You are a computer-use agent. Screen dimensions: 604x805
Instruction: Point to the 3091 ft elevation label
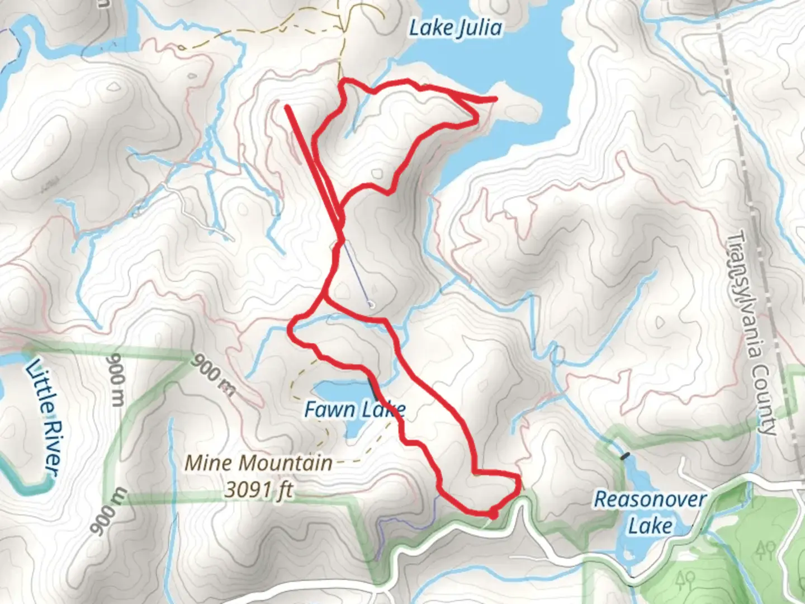coord(259,490)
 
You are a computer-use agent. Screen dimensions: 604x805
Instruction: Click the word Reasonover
coord(650,499)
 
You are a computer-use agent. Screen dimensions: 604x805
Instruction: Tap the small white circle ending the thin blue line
coord(371,305)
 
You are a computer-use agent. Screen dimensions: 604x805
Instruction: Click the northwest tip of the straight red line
coord(287,106)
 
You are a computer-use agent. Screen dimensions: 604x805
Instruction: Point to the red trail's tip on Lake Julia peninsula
coord(495,100)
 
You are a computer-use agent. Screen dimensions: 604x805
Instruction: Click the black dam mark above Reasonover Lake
coord(625,456)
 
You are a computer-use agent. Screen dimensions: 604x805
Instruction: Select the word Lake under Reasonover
coord(650,526)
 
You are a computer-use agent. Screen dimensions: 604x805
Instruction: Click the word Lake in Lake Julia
coord(429,28)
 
